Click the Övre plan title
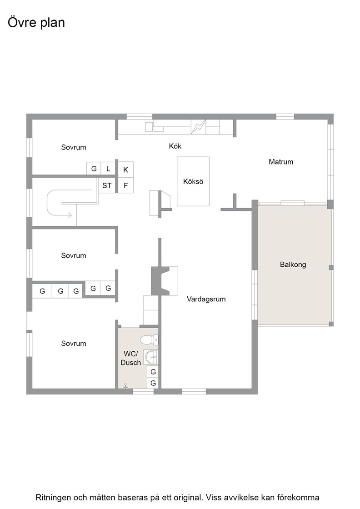[36, 23]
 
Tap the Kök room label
[175, 146]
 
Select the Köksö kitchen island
[193, 181]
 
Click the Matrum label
[281, 162]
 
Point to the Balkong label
[293, 264]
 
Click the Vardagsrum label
[206, 299]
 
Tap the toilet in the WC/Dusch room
[149, 340]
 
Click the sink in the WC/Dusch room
[151, 357]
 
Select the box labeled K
[125, 170]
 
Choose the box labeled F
[125, 185]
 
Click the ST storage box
[107, 185]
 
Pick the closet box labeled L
[108, 169]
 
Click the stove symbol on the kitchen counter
[198, 127]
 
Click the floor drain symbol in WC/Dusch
[125, 386]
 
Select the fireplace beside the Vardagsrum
[165, 281]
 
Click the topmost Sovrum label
[74, 147]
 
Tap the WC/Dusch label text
[130, 358]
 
